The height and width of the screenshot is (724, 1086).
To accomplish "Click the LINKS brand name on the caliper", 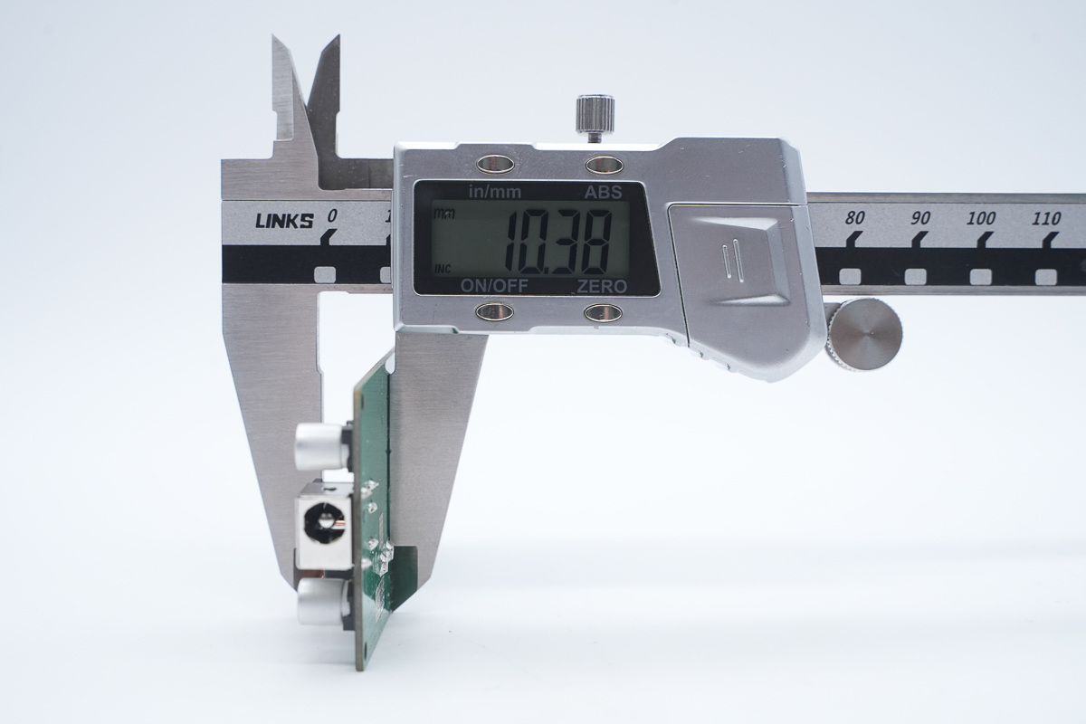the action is pos(284,221).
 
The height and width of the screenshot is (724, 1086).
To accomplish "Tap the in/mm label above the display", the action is pos(495,193).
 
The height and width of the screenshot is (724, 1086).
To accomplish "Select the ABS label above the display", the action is pos(603,193).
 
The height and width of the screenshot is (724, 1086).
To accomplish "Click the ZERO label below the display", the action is pos(602,287).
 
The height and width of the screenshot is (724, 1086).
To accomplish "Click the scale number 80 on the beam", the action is pos(854,218).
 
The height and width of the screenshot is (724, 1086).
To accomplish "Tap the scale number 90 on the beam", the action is pos(920,218).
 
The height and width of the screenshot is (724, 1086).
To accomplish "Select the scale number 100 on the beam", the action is pos(981,218).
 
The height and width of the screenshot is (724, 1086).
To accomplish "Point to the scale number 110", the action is pos(1046,219).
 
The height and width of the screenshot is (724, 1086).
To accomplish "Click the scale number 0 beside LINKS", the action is pos(331,216).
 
